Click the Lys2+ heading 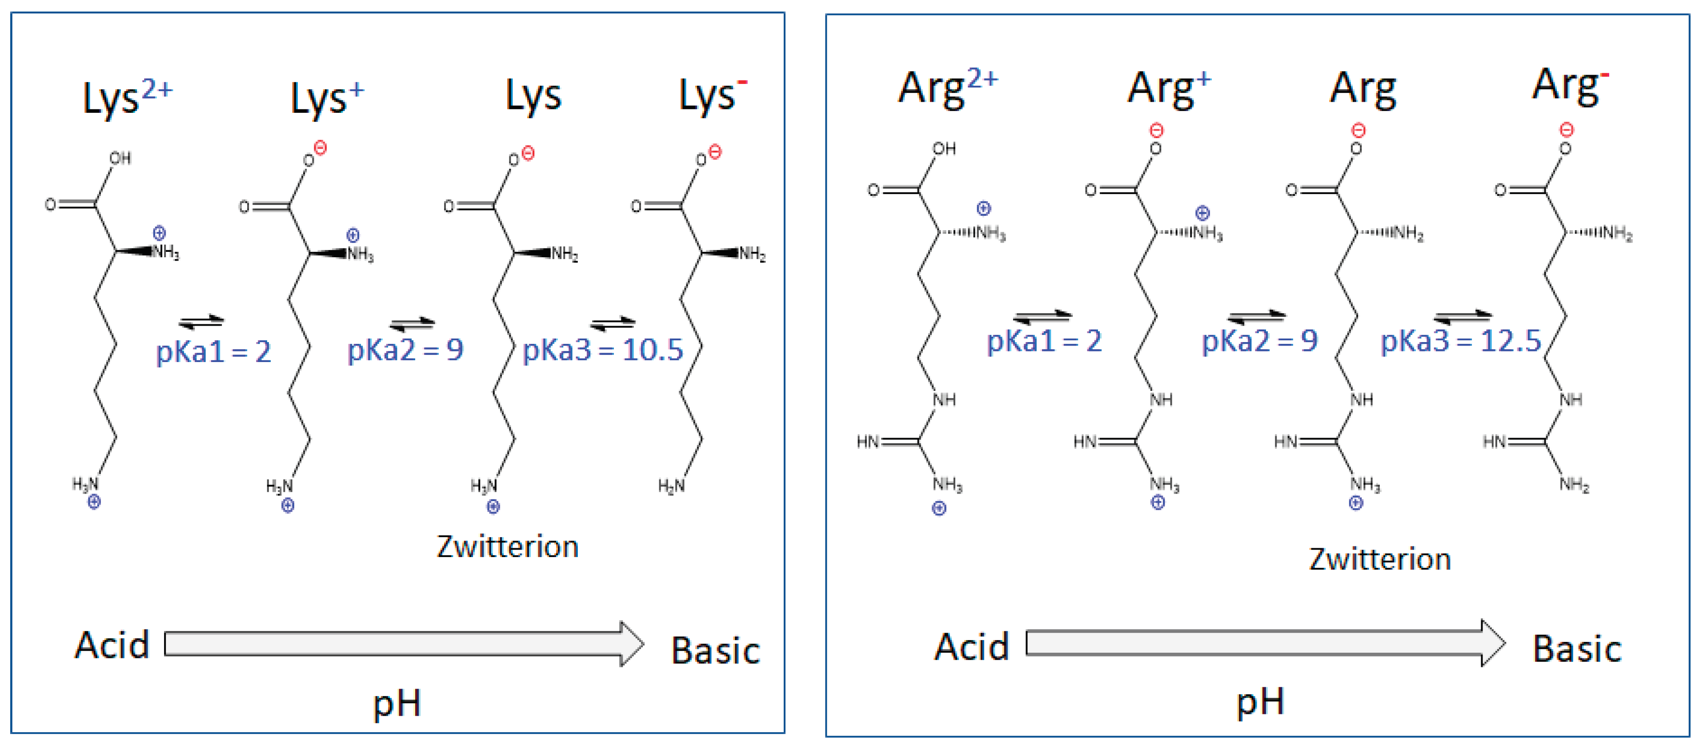point(127,98)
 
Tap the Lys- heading point(712,96)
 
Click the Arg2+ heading point(948,88)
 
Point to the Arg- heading point(1570,86)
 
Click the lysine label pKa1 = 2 point(213,351)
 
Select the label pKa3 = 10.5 point(602,350)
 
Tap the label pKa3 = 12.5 point(1460,341)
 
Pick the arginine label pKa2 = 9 point(1259,341)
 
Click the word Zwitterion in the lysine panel point(507,546)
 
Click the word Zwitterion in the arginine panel point(1380,559)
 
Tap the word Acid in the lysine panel point(112,644)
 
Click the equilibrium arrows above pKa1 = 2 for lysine point(201,322)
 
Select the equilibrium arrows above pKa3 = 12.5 point(1462,316)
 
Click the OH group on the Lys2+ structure point(120,158)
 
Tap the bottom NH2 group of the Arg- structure point(1574,485)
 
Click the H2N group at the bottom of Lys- point(671,486)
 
